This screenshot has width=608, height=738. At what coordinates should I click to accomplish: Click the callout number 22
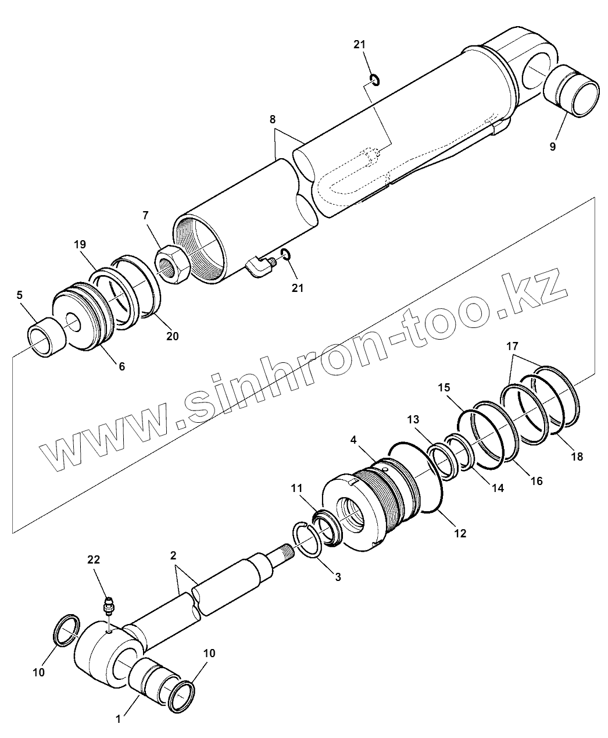click(x=94, y=559)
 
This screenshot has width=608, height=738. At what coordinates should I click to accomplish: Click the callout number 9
click(x=552, y=147)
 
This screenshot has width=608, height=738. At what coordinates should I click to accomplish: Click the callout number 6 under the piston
click(x=122, y=366)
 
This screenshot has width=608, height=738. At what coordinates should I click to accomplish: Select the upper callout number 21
click(x=360, y=45)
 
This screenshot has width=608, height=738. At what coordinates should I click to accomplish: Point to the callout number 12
click(x=460, y=532)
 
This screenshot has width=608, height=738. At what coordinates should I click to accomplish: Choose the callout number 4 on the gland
click(x=353, y=440)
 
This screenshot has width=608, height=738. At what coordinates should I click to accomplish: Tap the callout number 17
click(x=512, y=345)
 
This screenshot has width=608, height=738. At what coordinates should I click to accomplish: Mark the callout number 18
click(x=577, y=457)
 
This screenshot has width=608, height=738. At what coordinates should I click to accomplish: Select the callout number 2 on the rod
click(x=173, y=555)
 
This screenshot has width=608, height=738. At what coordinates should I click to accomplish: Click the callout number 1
click(x=118, y=719)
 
